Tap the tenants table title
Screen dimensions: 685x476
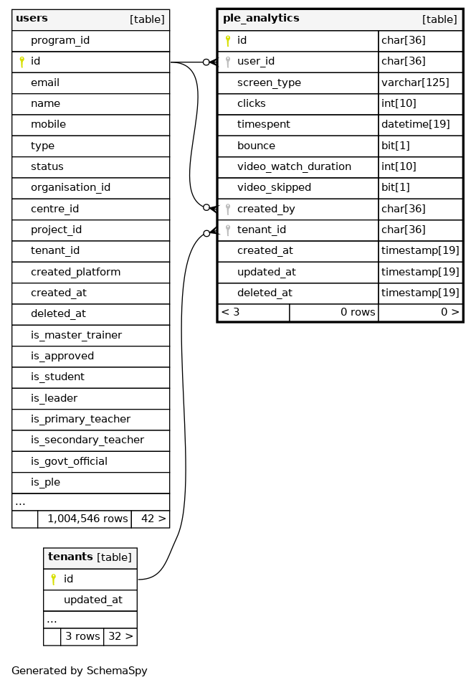[70, 557]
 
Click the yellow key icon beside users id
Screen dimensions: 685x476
[22, 62]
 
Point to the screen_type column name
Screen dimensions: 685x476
[269, 82]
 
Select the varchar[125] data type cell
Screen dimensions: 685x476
[415, 82]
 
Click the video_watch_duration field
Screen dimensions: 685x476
[294, 166]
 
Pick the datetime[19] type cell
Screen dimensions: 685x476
[415, 124]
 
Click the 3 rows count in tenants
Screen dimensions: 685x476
[82, 636]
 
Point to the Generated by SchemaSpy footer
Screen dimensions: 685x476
[80, 671]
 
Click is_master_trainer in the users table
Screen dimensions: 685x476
[76, 335]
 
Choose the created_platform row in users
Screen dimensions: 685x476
[75, 272]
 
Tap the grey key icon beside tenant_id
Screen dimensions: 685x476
[228, 230]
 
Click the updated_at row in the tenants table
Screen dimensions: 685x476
[92, 600]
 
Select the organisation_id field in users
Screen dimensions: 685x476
[70, 187]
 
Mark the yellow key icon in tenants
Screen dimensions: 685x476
[53, 579]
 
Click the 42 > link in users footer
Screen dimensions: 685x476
[153, 518]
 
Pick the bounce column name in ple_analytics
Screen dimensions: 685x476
[256, 146]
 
